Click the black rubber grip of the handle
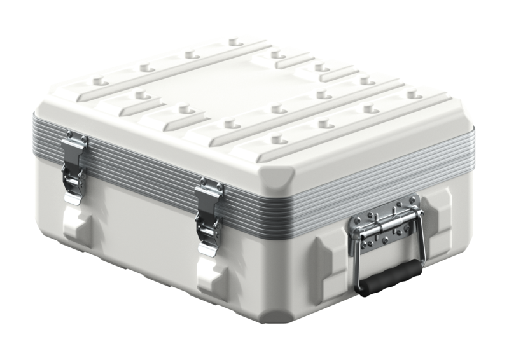click(x=390, y=278)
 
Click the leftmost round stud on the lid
click(x=97, y=81)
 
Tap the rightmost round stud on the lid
click(x=414, y=95)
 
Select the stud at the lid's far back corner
click(x=235, y=42)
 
